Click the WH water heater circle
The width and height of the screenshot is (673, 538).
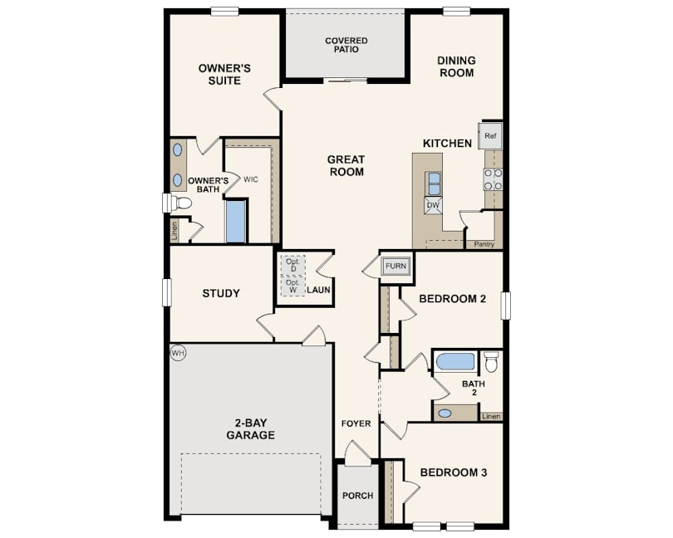(x=178, y=353)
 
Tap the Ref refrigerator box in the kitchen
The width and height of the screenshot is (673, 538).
(x=490, y=136)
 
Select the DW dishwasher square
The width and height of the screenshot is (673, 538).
(x=434, y=205)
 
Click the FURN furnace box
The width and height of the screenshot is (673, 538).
(x=395, y=266)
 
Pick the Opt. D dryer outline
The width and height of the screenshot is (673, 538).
(x=293, y=265)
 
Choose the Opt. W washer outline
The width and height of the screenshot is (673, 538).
(x=293, y=286)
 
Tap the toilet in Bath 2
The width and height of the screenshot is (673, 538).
(x=490, y=362)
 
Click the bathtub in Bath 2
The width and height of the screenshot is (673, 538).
(x=456, y=361)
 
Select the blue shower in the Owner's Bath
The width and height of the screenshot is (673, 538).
(x=236, y=222)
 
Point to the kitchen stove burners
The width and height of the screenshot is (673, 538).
(x=494, y=179)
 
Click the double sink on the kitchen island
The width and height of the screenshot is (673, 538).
(x=434, y=183)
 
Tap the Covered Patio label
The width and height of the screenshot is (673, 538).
(x=346, y=45)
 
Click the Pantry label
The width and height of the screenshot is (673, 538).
(x=484, y=244)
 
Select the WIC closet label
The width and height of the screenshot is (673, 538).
(x=251, y=179)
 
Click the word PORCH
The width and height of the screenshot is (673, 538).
(x=357, y=496)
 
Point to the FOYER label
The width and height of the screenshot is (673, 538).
(x=356, y=423)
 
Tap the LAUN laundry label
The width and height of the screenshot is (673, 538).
(x=318, y=290)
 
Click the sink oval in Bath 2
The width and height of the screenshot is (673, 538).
(x=445, y=413)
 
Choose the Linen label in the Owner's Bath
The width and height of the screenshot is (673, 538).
(x=174, y=231)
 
